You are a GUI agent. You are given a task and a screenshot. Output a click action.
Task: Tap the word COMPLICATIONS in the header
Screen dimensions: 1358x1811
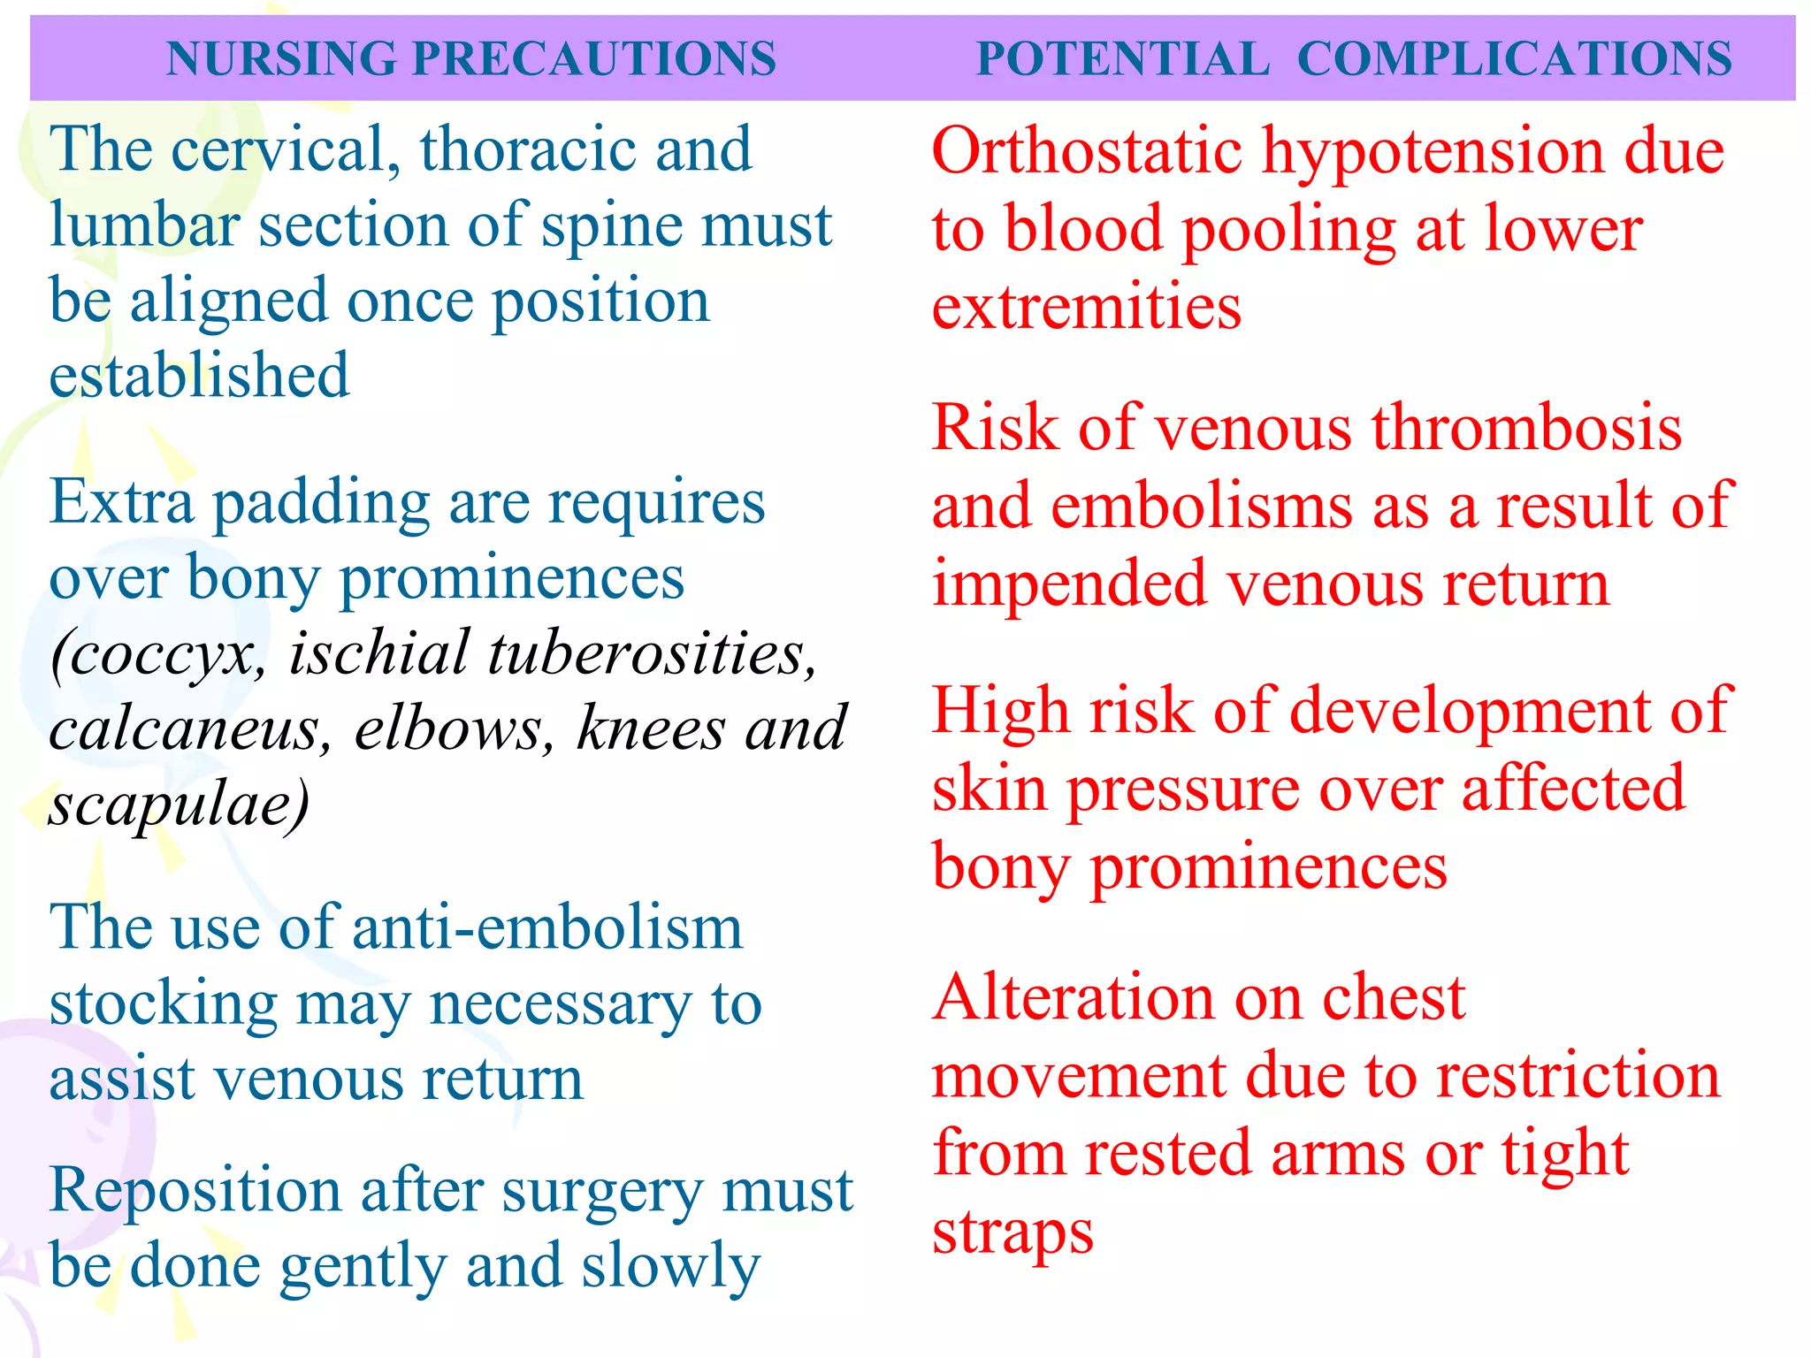click(x=1514, y=59)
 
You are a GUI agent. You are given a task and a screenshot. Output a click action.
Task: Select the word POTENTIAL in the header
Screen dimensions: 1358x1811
click(x=1122, y=59)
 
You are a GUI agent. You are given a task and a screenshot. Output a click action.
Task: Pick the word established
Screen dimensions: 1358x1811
click(x=199, y=376)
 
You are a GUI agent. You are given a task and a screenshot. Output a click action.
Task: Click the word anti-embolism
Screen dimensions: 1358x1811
click(x=547, y=927)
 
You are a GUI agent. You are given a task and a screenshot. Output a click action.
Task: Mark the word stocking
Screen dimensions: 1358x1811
click(x=164, y=1005)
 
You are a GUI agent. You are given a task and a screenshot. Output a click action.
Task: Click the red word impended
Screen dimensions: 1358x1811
click(x=1070, y=584)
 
